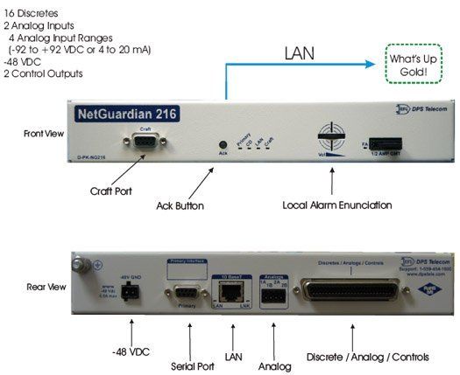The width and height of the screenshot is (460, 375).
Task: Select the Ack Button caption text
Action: coord(179,206)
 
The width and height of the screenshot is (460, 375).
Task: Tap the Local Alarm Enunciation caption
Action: coord(332,206)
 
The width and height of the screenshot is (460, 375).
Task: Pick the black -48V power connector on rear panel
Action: coord(117,292)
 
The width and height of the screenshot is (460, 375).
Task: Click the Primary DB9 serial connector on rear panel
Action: coord(183,292)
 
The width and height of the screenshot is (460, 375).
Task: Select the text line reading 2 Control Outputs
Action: coord(44,73)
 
